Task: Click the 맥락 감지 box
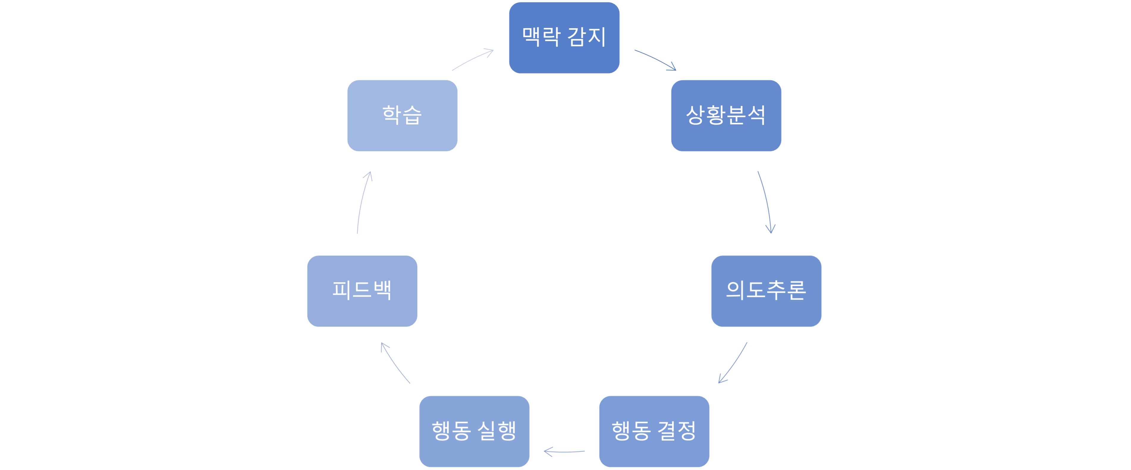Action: (x=564, y=38)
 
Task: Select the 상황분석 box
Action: (x=726, y=115)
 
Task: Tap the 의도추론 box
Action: (x=766, y=291)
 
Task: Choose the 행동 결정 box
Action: (x=654, y=431)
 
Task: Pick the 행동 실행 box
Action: (x=474, y=431)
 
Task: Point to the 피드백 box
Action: (x=362, y=291)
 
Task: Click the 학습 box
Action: (x=402, y=115)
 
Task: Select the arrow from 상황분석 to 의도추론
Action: (x=766, y=202)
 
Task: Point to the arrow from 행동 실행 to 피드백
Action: (x=394, y=364)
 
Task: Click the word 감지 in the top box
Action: (x=587, y=37)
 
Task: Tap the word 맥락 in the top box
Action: (x=541, y=37)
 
